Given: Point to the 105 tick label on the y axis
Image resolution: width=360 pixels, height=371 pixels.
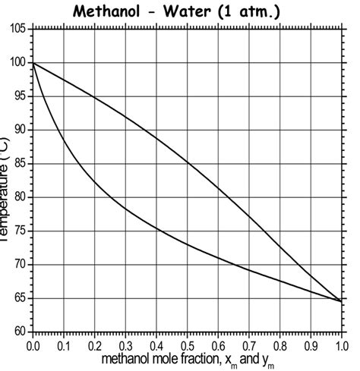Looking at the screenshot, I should (x=17, y=29).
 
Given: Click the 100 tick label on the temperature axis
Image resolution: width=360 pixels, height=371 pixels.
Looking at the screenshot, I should (x=17, y=63).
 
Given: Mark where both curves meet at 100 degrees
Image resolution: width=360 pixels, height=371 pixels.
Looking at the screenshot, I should (x=33, y=63).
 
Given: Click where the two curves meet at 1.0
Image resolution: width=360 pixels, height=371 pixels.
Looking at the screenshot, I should (x=340, y=301).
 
